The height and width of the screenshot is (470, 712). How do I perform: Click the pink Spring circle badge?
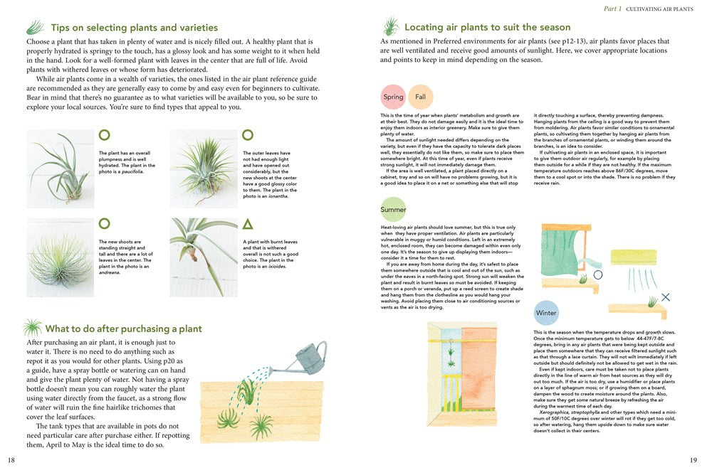tap(393, 97)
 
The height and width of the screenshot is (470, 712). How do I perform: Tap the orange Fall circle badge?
tap(420, 97)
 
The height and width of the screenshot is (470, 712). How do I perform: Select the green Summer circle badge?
tap(393, 210)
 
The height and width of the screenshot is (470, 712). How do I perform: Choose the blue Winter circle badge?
tap(546, 313)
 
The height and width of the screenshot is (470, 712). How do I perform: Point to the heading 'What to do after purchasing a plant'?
tap(123, 329)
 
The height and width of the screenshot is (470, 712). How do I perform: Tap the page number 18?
tap(11, 460)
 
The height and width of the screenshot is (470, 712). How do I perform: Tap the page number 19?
tap(693, 460)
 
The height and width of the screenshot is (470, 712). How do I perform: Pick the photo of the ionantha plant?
tap(203, 168)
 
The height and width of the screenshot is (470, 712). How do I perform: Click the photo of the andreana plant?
tap(60, 257)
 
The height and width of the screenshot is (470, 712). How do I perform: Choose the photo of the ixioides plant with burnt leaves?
tap(203, 257)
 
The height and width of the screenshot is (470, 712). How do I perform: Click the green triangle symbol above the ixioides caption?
tap(247, 224)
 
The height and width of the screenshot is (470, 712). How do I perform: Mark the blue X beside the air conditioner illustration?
tap(665, 297)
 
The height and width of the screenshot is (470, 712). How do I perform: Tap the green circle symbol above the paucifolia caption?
tap(104, 134)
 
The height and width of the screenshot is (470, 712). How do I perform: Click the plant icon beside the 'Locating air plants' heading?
tap(390, 27)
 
